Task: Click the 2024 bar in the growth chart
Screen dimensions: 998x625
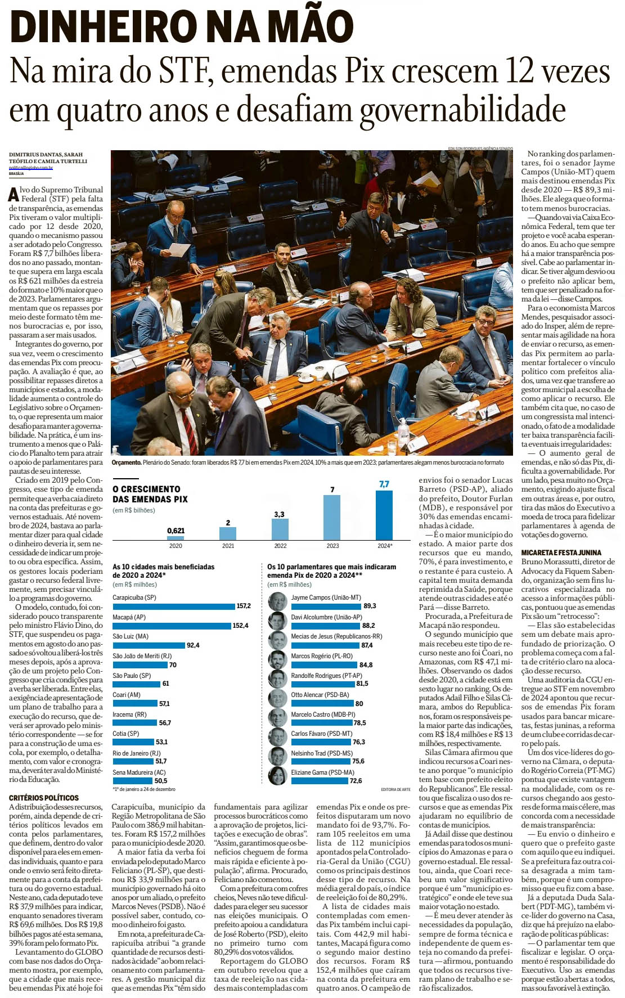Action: point(384,515)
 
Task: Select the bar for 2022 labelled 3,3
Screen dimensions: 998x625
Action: point(280,529)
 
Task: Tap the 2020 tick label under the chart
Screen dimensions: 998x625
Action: point(176,546)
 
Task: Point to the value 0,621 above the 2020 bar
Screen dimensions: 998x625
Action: point(176,531)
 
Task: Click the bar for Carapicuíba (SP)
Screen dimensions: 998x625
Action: point(173,606)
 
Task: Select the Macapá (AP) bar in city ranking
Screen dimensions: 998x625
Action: point(172,626)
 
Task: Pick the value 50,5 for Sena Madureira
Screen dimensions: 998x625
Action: point(160,781)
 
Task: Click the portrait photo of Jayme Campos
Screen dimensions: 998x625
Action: point(277,601)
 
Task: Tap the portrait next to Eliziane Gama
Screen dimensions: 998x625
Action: point(277,776)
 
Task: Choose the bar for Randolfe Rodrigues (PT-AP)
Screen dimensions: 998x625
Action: point(322,684)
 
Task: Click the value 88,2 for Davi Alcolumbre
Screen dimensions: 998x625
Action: point(368,626)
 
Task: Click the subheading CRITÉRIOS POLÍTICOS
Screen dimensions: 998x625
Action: point(44,798)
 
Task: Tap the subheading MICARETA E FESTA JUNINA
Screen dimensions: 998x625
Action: point(561,552)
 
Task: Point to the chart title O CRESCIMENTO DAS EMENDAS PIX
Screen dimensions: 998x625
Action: point(150,494)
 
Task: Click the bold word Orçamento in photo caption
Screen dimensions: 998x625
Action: point(126,462)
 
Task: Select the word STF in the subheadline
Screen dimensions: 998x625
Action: point(185,71)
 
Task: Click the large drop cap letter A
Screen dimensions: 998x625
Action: point(14,195)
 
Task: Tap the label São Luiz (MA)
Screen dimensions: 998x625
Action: point(131,636)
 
